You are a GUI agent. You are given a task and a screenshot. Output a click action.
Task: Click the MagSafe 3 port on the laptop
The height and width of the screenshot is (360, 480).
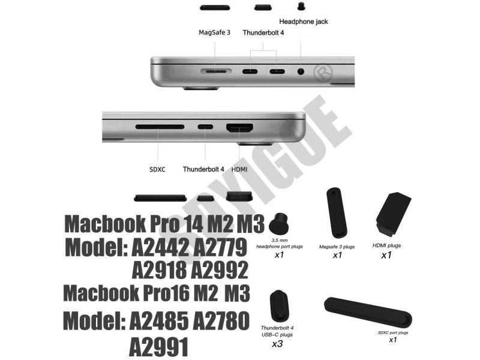[x=216, y=71]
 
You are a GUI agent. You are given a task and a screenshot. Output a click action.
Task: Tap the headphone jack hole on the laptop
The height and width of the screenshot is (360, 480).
[x=301, y=71]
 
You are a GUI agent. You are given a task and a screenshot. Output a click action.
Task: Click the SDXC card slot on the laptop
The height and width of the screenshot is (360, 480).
[x=160, y=127]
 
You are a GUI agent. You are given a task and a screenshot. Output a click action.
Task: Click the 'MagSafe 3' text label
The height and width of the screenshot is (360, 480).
[x=214, y=32]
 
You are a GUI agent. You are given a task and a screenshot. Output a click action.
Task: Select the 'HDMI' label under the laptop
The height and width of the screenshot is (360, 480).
[x=239, y=169]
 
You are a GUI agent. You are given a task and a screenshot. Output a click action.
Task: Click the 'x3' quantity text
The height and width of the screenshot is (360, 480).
[x=277, y=344]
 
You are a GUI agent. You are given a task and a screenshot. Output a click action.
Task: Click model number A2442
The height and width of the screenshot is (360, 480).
[x=169, y=247]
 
